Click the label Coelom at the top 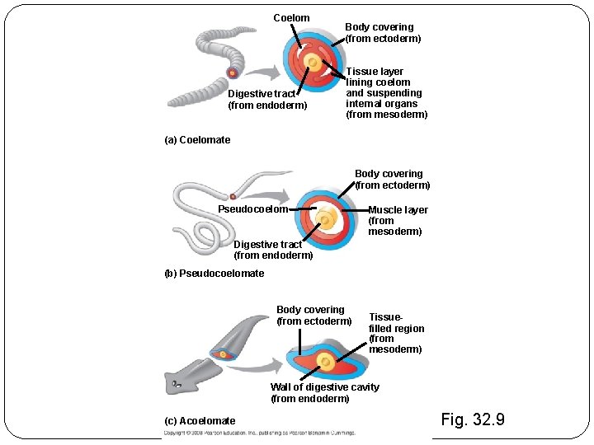coord(291,18)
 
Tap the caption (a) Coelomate coord(198,140)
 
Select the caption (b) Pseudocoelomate coord(214,274)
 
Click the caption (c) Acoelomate coord(200,421)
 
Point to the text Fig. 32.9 coord(473,420)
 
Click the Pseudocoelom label coord(252,209)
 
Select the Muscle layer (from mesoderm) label coord(397,221)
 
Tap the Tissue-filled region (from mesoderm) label coord(396,333)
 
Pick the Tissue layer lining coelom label coord(386,93)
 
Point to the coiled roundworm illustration coord(198,218)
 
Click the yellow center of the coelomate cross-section coord(313,62)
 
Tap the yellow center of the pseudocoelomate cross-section coord(326,219)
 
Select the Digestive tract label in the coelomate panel coord(267,100)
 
